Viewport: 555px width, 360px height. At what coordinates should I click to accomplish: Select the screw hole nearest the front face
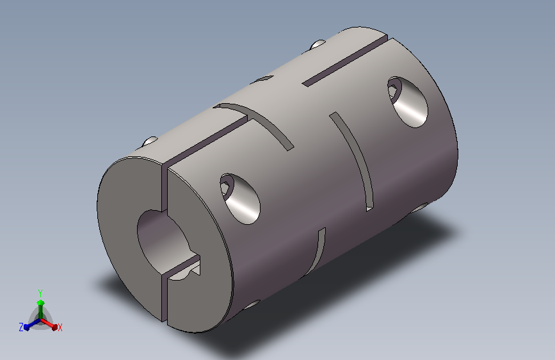(x=241, y=198)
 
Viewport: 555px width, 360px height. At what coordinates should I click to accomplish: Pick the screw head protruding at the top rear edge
(x=318, y=44)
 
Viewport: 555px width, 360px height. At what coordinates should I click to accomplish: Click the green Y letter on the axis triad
(x=40, y=291)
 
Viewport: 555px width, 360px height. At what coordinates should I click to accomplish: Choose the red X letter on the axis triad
(x=60, y=328)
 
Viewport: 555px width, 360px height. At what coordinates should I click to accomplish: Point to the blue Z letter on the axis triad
(x=20, y=327)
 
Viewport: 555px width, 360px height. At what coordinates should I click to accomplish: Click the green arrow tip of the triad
(x=40, y=302)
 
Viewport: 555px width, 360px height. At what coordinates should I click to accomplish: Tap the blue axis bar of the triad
(x=30, y=325)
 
